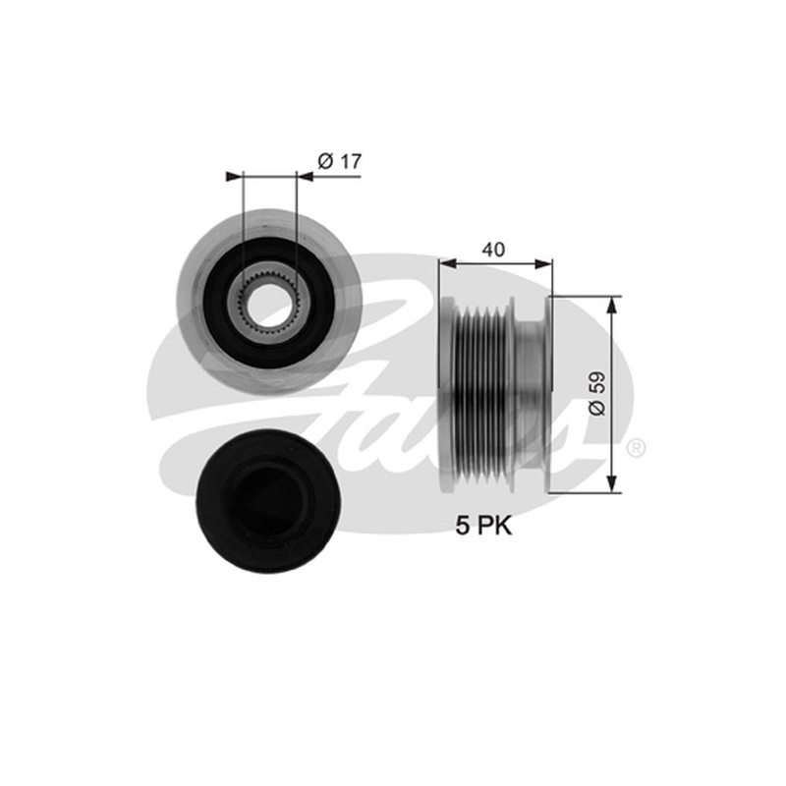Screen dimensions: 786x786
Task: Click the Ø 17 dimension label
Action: tap(339, 161)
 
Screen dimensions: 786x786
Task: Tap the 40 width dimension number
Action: tap(493, 250)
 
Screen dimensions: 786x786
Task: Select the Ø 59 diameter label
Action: tap(597, 394)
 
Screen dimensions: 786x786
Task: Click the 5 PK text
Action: tap(483, 527)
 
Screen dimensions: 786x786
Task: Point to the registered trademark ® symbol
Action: tap(636, 448)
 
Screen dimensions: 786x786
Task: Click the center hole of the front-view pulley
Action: tap(268, 304)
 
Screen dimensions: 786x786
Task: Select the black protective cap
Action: tap(266, 501)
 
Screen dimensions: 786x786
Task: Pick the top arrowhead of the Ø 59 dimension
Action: tap(611, 306)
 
